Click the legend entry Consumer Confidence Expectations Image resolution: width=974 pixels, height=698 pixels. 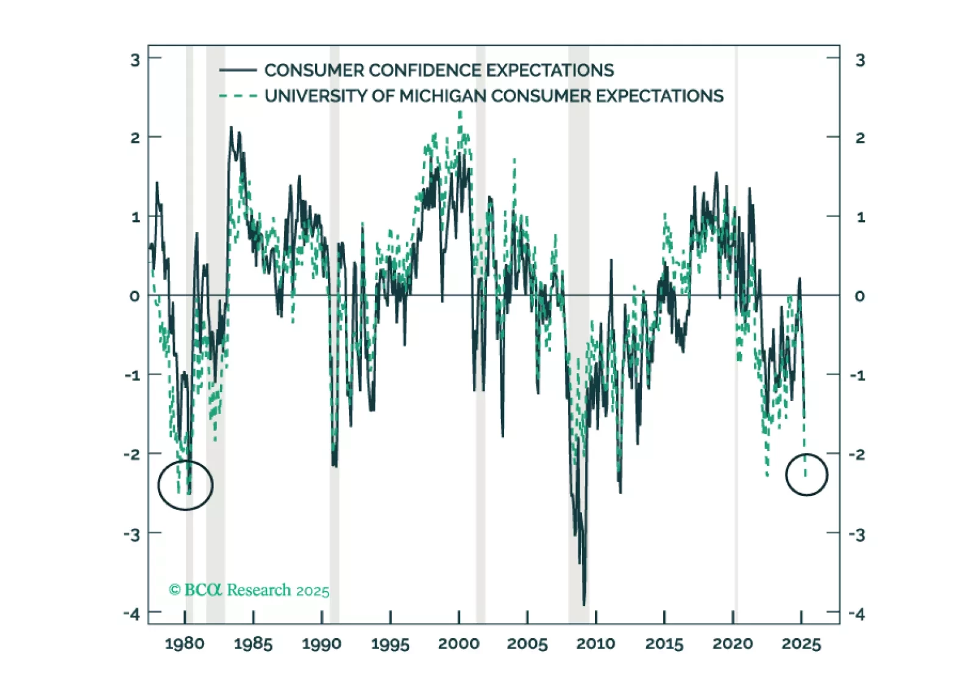[439, 70]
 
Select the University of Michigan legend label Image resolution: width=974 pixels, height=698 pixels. [494, 96]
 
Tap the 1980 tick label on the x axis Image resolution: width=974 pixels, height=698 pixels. [185, 644]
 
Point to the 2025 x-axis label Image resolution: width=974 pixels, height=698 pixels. [802, 644]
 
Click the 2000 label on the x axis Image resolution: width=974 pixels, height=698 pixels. [459, 644]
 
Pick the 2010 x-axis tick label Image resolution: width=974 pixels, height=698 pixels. [595, 644]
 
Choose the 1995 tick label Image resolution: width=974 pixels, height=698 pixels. [390, 644]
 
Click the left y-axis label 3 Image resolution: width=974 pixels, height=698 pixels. [135, 60]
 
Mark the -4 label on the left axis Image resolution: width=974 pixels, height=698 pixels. [132, 614]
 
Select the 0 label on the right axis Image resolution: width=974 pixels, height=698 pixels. [859, 296]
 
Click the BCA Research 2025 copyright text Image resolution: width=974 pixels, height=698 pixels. [249, 590]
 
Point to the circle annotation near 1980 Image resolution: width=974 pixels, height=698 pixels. [185, 485]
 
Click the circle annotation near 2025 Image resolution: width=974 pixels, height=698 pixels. [806, 475]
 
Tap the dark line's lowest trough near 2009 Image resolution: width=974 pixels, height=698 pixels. [584, 605]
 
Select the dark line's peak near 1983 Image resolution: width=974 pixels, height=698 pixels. [231, 128]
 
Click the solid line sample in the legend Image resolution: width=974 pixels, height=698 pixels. [238, 70]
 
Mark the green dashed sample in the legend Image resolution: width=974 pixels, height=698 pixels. [238, 96]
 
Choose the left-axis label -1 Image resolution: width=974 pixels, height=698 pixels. [132, 375]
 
